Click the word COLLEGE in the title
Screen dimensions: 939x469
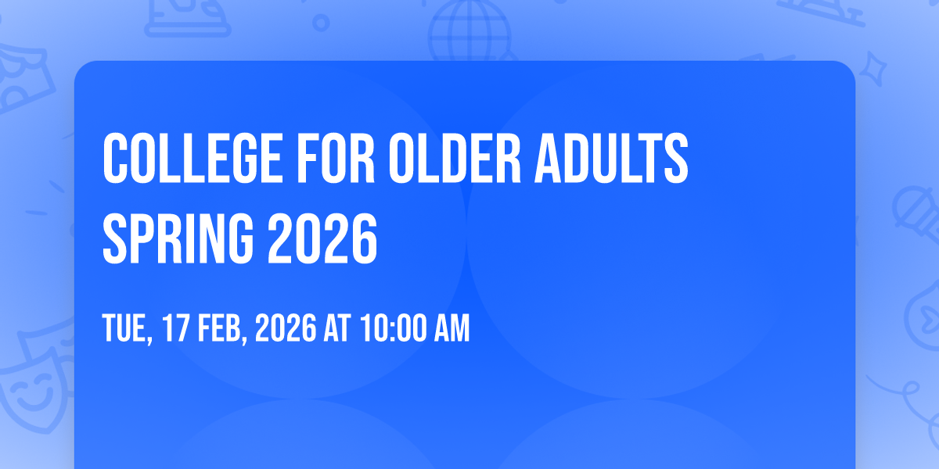click(x=192, y=158)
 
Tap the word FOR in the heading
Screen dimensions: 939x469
click(x=336, y=158)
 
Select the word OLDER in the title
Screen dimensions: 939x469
click(x=455, y=158)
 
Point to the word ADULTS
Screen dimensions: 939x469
click(x=611, y=158)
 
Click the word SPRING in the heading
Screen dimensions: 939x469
click(x=178, y=238)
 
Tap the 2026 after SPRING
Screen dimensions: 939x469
click(x=322, y=238)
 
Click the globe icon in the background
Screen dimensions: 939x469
click(x=469, y=31)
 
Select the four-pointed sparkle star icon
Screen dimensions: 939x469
click(x=873, y=69)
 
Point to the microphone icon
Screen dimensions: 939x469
click(x=916, y=214)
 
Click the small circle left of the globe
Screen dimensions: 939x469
click(x=321, y=23)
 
